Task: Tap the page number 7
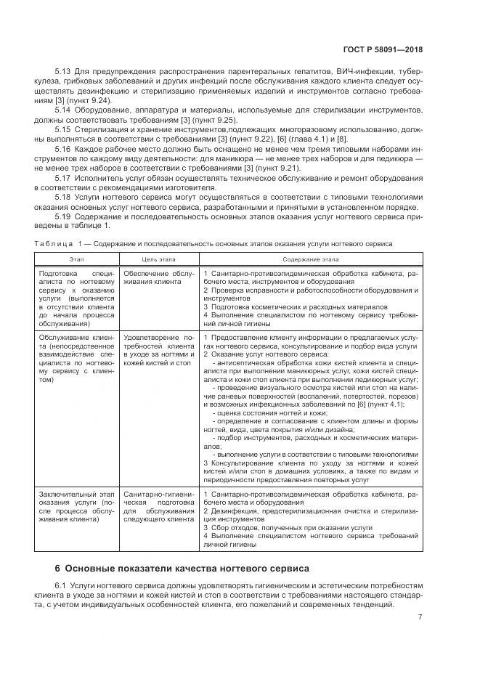(420, 617)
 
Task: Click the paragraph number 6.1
(61, 585)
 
